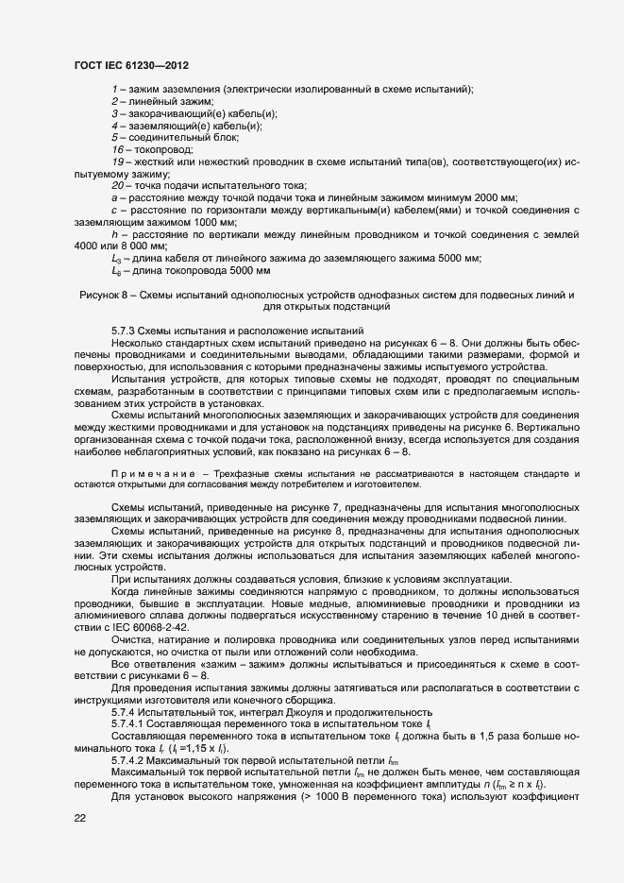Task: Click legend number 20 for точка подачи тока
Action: point(117,185)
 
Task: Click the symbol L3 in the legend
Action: point(116,258)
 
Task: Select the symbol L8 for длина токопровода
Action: point(116,271)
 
